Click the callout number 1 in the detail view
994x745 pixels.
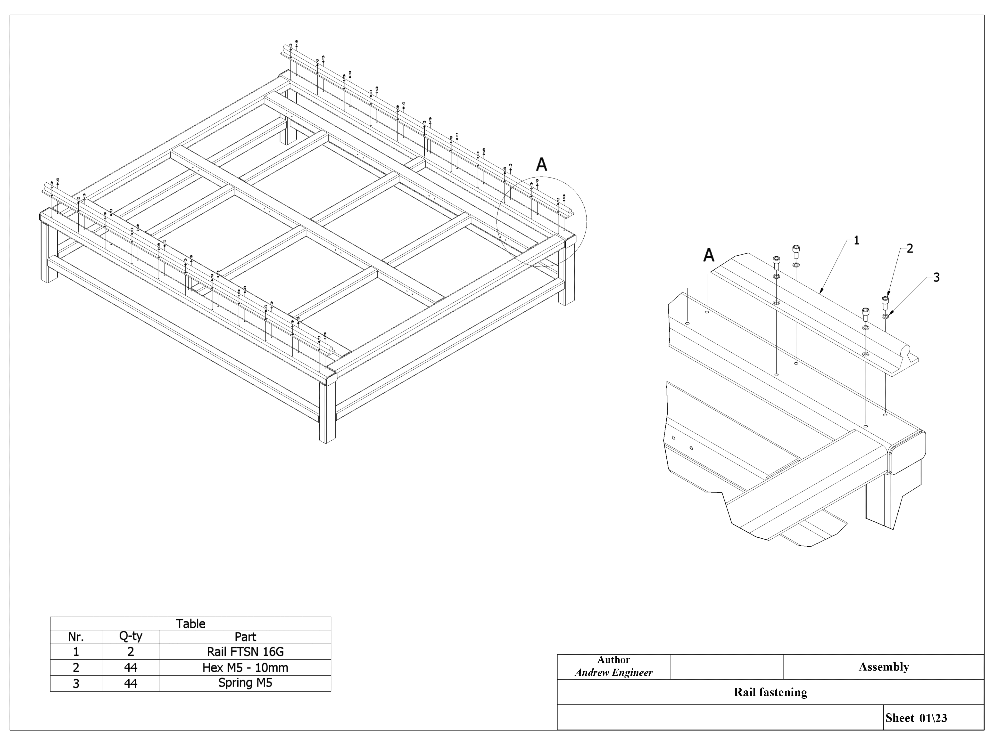pos(856,241)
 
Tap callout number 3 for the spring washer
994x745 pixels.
pos(936,277)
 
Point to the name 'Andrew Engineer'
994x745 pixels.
pos(613,672)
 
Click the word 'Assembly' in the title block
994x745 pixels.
pos(883,667)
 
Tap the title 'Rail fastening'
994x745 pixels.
pos(770,692)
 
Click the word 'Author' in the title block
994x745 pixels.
pos(613,660)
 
